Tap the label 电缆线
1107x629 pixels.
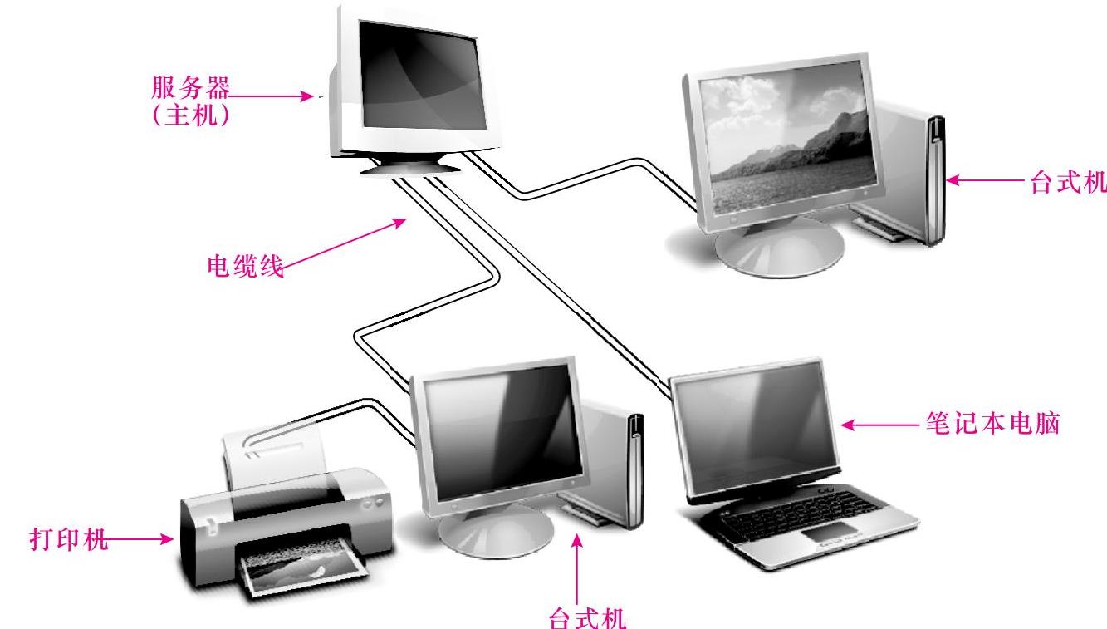coord(244,267)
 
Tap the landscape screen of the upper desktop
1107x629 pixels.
coord(785,142)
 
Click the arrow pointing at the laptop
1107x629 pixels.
coord(880,425)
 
